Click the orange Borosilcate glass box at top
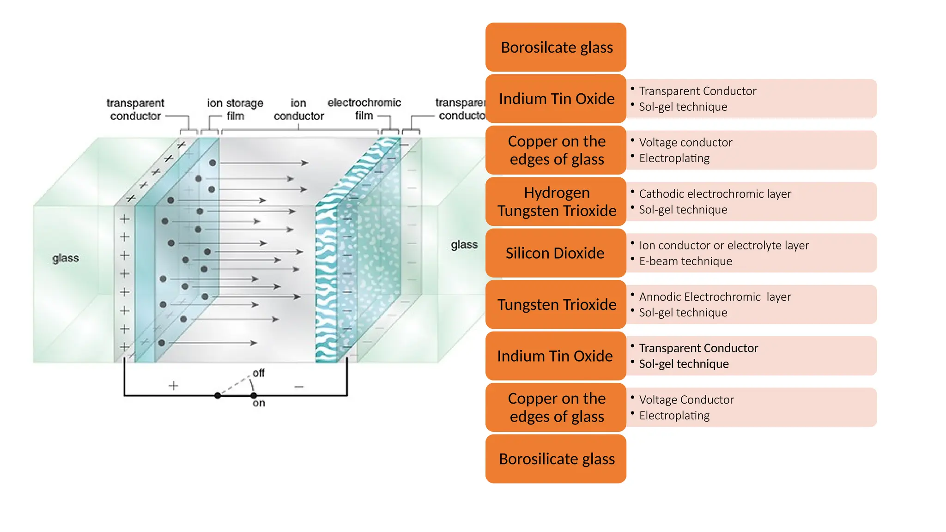point(556,47)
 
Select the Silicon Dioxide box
point(556,253)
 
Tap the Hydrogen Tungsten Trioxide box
point(556,202)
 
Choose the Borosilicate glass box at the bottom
point(556,459)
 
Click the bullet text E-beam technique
point(685,261)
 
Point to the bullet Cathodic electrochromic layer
point(715,194)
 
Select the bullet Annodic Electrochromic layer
point(715,297)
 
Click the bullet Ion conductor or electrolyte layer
point(724,245)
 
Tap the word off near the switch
point(259,373)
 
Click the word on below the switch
point(259,403)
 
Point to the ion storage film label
point(235,109)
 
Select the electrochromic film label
point(364,109)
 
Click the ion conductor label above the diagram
point(298,109)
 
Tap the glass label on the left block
point(66,258)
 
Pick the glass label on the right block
point(464,245)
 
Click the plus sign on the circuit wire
point(173,386)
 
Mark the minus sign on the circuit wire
point(299,387)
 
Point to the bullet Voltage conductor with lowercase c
point(685,143)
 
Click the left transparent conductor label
point(135,109)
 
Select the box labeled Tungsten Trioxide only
point(556,305)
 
